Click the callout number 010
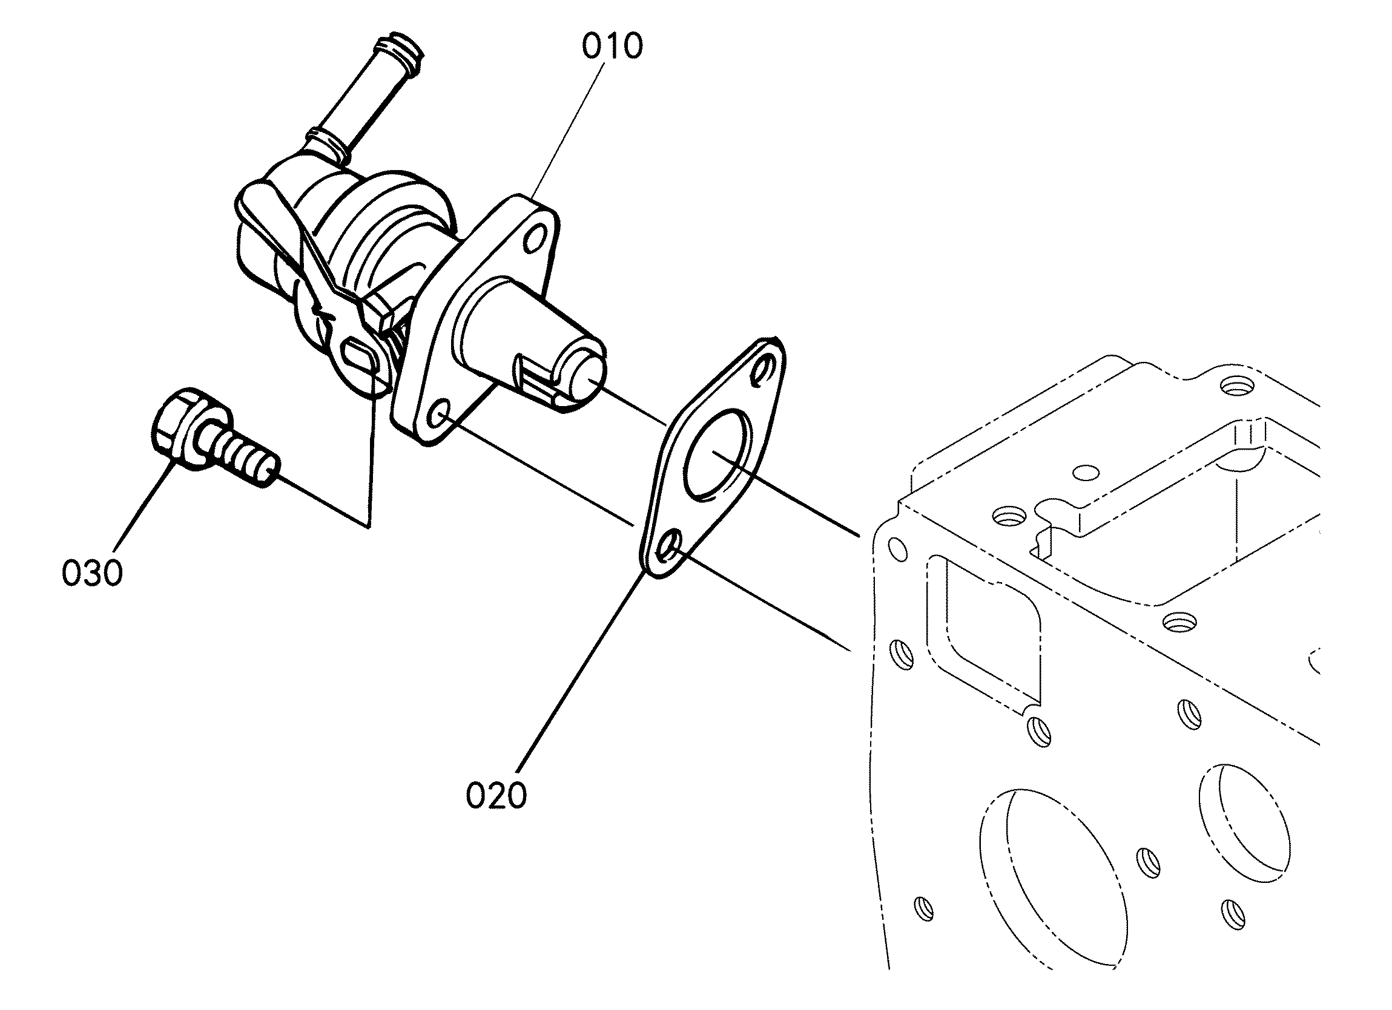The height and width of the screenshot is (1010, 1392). coord(612,47)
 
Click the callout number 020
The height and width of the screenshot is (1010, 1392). coord(496,795)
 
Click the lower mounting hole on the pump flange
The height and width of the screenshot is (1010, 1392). coord(440,414)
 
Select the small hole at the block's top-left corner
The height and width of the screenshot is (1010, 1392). coord(897,548)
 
